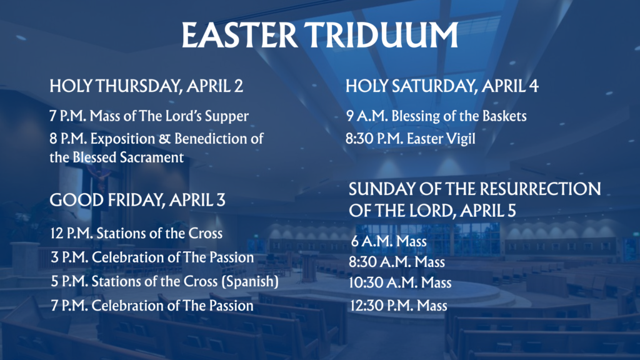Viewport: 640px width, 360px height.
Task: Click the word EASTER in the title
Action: [x=239, y=35]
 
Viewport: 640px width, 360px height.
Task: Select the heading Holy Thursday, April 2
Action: [x=146, y=86]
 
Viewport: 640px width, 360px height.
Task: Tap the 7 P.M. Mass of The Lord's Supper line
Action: [x=149, y=116]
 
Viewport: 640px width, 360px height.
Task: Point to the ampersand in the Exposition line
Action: [x=164, y=139]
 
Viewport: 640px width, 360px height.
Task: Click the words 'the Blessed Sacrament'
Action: [x=117, y=157]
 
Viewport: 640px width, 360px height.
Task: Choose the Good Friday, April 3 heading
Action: [x=137, y=200]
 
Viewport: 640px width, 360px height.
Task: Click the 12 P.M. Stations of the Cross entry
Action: [x=136, y=234]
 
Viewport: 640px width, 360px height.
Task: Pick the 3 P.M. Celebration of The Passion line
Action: [x=152, y=257]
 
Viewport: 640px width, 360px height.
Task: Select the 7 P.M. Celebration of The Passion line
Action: [x=152, y=306]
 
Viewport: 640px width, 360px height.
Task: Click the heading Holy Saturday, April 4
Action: [x=442, y=86]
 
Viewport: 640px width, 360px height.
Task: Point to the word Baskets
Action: [x=504, y=116]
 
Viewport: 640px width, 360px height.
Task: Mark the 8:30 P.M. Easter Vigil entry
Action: [x=411, y=139]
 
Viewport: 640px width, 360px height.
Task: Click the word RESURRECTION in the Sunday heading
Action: [x=539, y=189]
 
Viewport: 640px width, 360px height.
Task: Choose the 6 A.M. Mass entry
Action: [x=389, y=241]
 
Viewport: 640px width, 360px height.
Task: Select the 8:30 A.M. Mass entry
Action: [x=397, y=262]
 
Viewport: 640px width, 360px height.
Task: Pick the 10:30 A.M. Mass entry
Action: [x=400, y=283]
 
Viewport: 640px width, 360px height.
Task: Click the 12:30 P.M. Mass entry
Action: [x=398, y=306]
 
